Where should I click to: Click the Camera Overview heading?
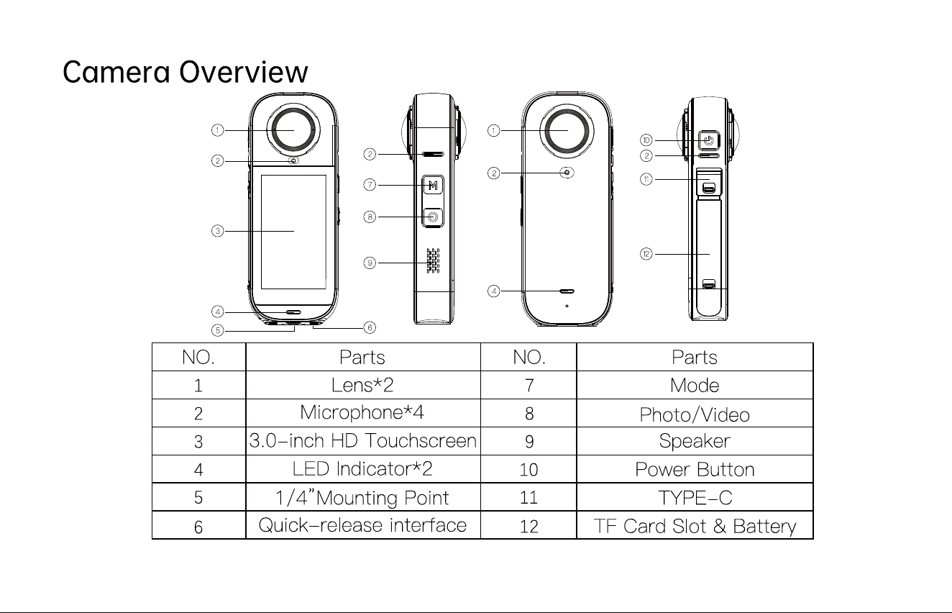[186, 72]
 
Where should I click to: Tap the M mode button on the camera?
[433, 186]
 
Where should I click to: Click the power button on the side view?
[708, 140]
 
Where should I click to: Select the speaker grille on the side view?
[433, 260]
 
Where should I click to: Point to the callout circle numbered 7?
[370, 185]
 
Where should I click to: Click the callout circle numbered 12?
[646, 254]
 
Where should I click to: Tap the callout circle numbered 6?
[370, 327]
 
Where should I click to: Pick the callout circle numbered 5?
[218, 330]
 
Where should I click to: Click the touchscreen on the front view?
[293, 232]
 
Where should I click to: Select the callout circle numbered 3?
[218, 231]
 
